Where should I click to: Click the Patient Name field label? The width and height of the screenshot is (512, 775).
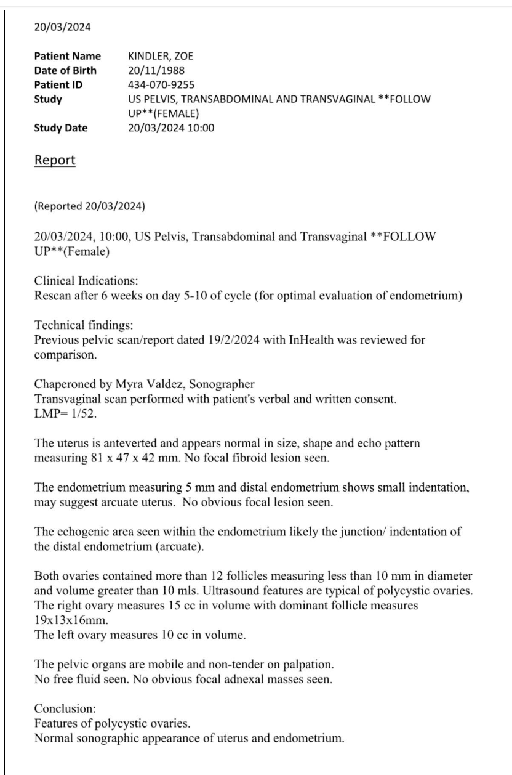(x=68, y=57)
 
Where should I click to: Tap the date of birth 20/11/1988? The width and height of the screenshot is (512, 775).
(x=151, y=70)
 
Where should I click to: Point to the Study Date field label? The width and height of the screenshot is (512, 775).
(x=61, y=128)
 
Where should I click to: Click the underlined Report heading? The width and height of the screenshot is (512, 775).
(x=55, y=160)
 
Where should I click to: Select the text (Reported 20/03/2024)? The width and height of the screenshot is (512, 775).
(x=89, y=206)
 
